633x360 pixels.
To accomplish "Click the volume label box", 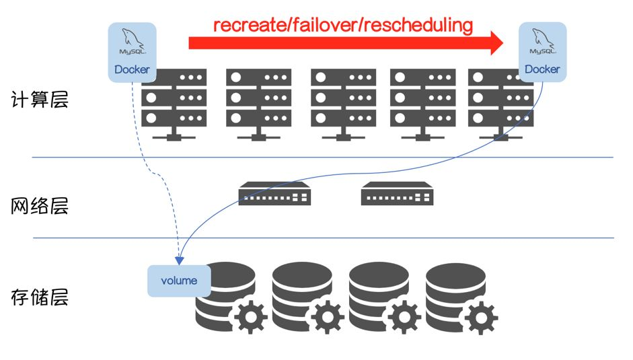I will point(179,281).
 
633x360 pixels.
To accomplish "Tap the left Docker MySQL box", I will point(132,52).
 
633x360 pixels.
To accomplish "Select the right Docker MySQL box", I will point(542,52).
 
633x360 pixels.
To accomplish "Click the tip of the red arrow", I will point(501,44).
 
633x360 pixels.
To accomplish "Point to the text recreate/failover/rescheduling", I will point(343,26).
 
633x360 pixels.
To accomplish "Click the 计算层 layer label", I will point(40,100).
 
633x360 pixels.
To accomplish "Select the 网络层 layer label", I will point(40,206).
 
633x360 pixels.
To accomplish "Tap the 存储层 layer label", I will point(40,297).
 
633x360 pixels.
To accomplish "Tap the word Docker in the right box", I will point(542,69).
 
